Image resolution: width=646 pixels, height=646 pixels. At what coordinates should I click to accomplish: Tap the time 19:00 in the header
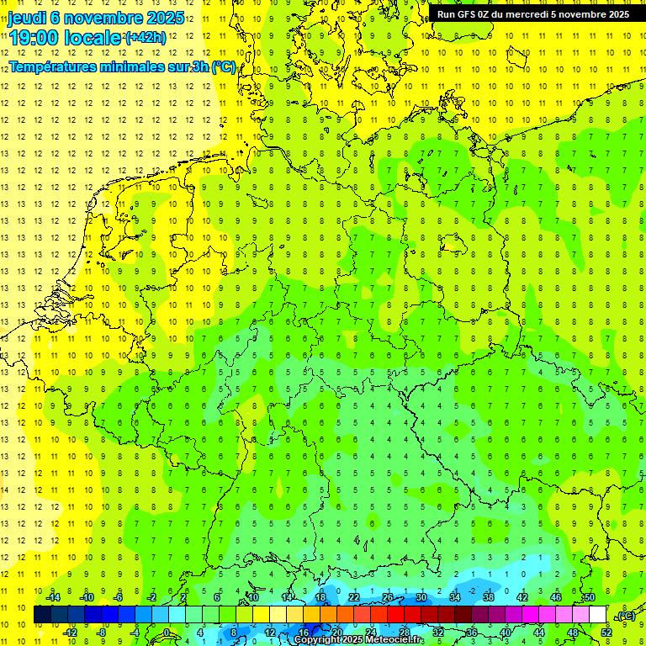pyautogui.click(x=33, y=38)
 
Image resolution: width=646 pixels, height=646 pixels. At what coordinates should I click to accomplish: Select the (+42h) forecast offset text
pyautogui.click(x=146, y=38)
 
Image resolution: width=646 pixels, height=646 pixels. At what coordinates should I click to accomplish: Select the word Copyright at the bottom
pyautogui.click(x=318, y=640)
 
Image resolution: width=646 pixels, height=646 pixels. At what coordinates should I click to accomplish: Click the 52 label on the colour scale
pyautogui.click(x=606, y=633)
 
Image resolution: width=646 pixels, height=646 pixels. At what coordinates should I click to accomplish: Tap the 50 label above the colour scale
pyautogui.click(x=589, y=597)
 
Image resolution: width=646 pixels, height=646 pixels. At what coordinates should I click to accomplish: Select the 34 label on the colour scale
pyautogui.click(x=455, y=597)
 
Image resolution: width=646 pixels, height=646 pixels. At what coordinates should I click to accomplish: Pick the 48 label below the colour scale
pyautogui.click(x=573, y=633)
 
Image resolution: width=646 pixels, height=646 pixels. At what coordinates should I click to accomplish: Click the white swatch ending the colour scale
pyautogui.click(x=597, y=615)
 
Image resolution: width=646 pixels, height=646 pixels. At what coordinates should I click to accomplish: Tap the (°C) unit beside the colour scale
pyautogui.click(x=625, y=616)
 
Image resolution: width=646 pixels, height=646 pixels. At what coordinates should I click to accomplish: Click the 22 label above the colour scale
pyautogui.click(x=354, y=597)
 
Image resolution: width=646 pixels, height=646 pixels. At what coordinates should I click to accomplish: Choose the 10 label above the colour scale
pyautogui.click(x=252, y=597)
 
